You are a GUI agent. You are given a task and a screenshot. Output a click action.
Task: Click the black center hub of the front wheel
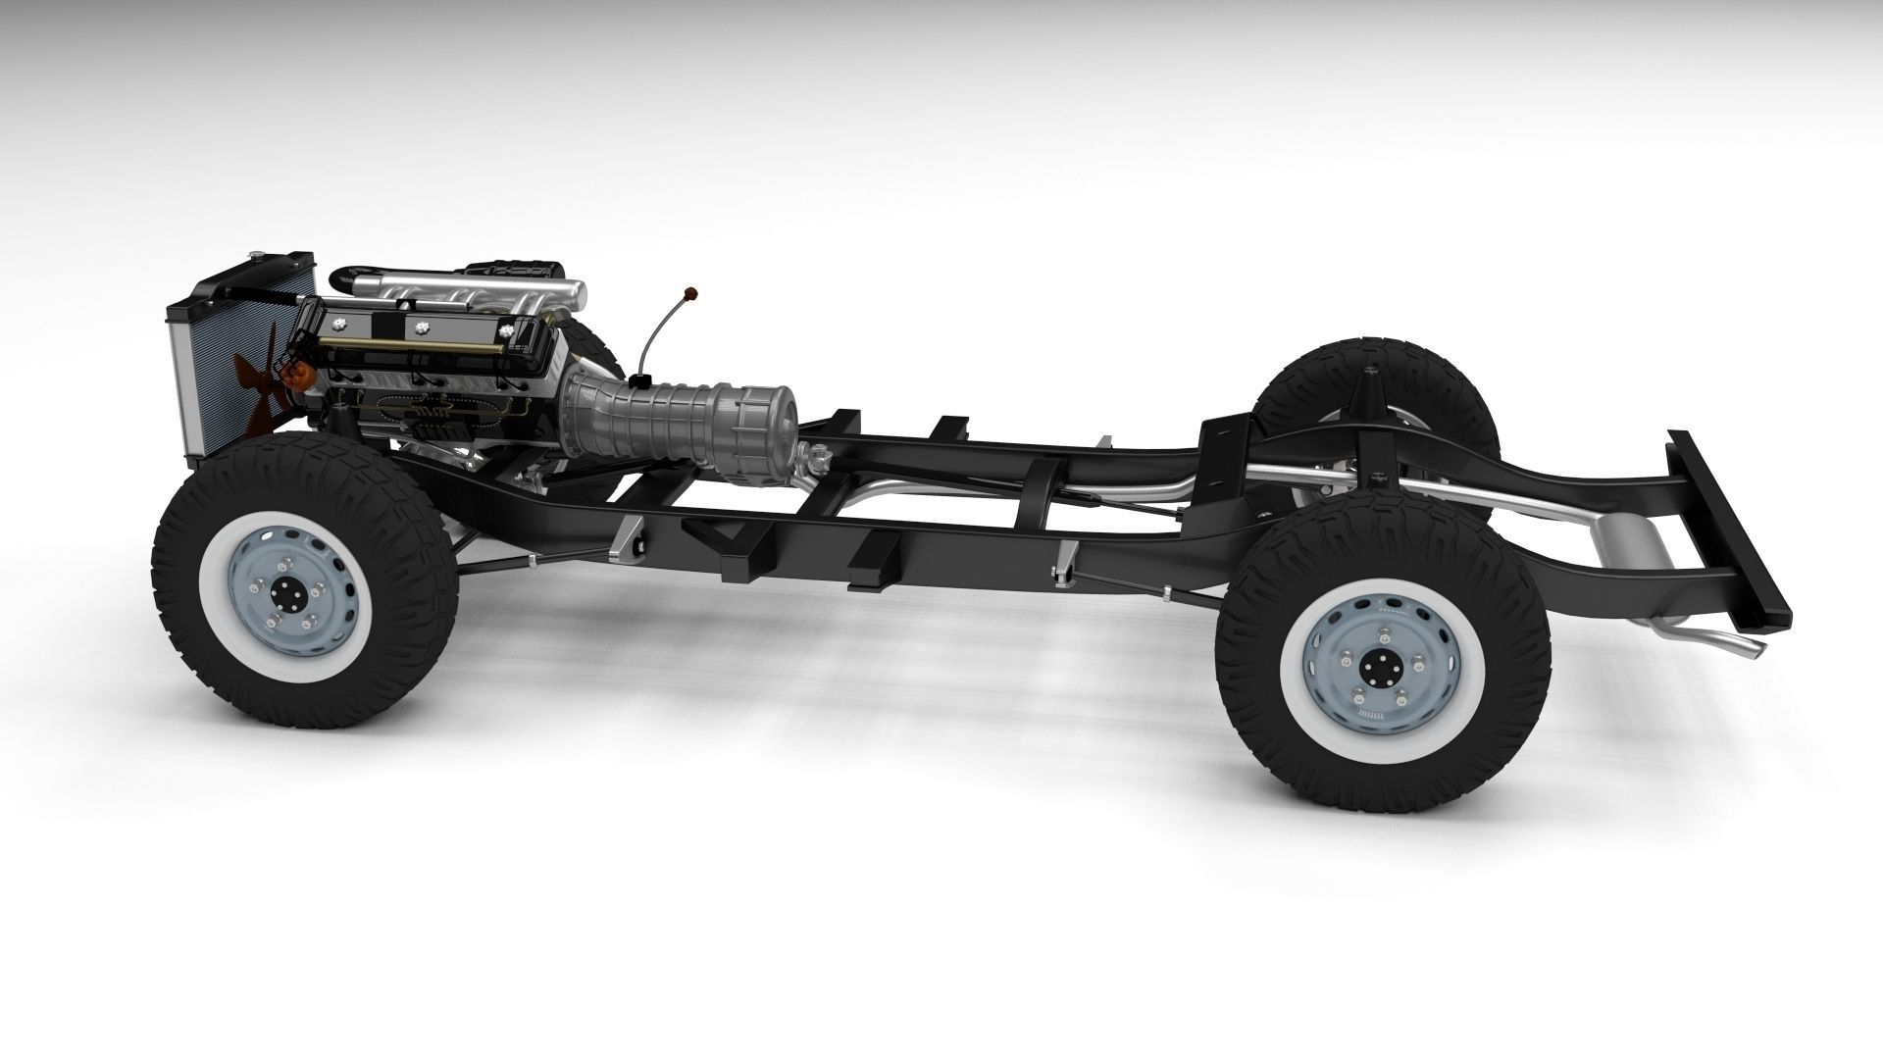288,597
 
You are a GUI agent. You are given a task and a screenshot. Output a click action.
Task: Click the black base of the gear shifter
642,380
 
